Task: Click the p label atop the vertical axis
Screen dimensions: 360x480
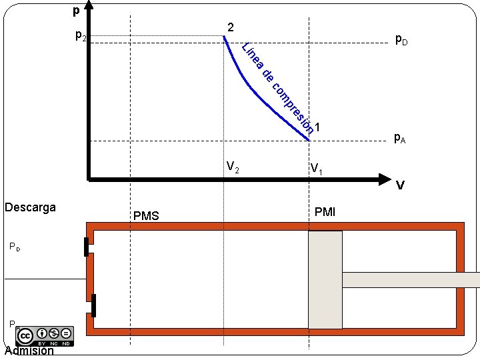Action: tap(76, 11)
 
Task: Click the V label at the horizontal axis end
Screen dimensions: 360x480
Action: tap(400, 186)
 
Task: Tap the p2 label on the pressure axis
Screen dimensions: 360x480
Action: tap(80, 35)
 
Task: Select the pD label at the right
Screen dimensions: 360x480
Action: tap(401, 39)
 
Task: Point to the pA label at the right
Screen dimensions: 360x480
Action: tap(400, 138)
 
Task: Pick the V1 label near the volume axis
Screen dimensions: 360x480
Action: tap(316, 169)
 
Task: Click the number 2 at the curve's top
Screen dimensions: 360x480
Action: tap(230, 27)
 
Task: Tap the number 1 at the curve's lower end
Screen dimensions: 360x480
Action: tap(318, 127)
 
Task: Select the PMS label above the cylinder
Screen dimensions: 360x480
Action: tap(146, 215)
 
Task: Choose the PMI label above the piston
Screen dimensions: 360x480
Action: tap(325, 213)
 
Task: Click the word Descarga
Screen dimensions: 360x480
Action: tap(30, 207)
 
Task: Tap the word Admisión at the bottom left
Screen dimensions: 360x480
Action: tap(29, 351)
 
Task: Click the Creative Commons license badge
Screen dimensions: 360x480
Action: tap(46, 335)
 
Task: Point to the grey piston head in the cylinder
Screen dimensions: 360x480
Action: tap(325, 280)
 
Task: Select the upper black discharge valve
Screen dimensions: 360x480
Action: tap(86, 246)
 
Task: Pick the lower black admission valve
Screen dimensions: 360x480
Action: tap(94, 305)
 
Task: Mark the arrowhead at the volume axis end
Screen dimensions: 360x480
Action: tap(383, 179)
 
